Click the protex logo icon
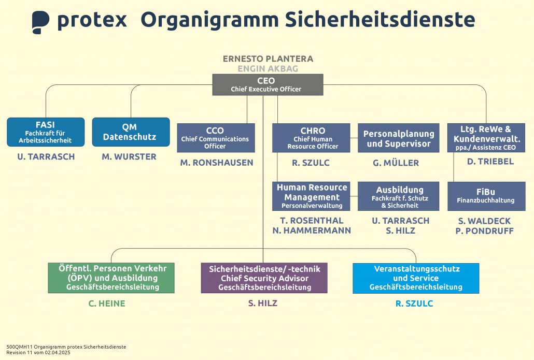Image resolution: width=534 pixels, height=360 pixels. coord(40,22)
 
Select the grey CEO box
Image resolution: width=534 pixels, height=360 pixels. coord(268,84)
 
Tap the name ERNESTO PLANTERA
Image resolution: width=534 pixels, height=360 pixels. coord(268,59)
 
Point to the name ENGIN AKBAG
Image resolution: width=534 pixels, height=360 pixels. coord(268,68)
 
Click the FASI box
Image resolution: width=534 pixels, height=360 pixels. coord(46,132)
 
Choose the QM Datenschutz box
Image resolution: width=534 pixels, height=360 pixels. coord(131,132)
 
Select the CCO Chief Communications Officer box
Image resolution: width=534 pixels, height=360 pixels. coord(216,138)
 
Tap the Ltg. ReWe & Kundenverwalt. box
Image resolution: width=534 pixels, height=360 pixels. coord(486,138)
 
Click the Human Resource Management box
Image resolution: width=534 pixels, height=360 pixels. coord(312,196)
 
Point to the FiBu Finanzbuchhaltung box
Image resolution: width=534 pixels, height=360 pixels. coord(486,196)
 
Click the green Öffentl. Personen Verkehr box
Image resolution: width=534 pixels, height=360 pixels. coord(111,278)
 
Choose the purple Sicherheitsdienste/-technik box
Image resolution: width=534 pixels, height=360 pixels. coord(264,278)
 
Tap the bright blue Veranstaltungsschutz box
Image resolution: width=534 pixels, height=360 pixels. coord(416,278)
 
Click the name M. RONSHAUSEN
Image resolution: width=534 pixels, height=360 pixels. coord(217,163)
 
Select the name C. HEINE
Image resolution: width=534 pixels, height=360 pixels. coord(107,304)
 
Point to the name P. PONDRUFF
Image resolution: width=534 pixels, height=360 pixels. coord(484,231)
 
